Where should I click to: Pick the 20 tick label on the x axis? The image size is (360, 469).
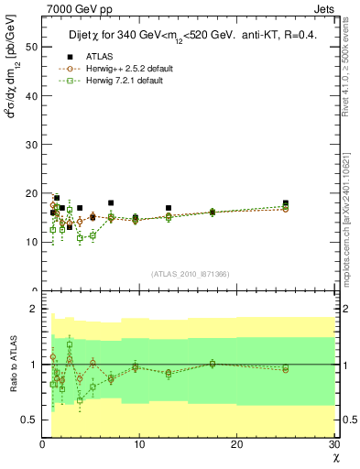coord(236,444)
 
